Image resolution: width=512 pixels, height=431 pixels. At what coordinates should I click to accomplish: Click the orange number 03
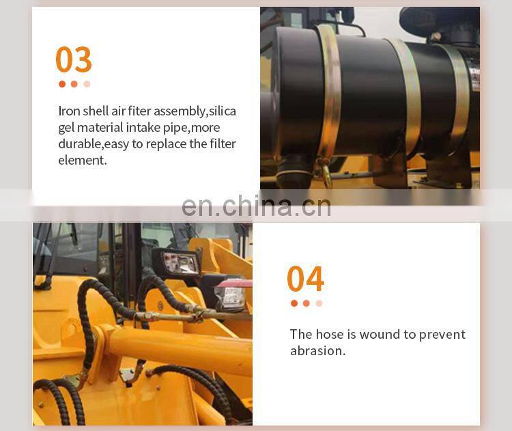[74, 59]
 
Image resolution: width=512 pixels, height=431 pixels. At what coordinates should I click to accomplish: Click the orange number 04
[305, 279]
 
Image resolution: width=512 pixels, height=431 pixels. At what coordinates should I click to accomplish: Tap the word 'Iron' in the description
[69, 111]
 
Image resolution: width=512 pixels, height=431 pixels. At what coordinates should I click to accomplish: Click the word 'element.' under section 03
[83, 160]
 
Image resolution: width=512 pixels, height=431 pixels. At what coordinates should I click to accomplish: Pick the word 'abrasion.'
[317, 350]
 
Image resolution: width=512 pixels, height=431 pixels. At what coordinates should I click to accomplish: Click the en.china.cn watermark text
[256, 206]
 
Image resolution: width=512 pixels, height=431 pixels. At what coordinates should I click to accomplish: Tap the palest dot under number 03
[87, 84]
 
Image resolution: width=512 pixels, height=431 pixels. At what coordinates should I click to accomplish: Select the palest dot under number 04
[319, 303]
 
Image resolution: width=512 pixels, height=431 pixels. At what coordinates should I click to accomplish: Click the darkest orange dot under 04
[294, 303]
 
